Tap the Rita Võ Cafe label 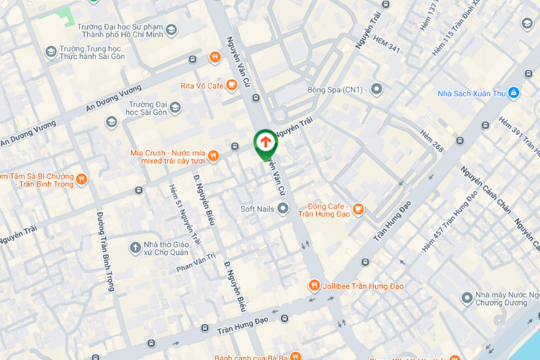pyautogui.click(x=202, y=86)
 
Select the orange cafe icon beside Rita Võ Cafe pyautogui.click(x=232, y=86)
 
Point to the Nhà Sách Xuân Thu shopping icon pyautogui.click(x=513, y=93)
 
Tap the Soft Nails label pyautogui.click(x=257, y=209)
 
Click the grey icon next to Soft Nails pyautogui.click(x=283, y=209)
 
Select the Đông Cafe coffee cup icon pyautogui.click(x=358, y=209)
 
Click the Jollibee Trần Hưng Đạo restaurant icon pyautogui.click(x=314, y=286)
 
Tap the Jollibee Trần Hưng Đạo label pyautogui.click(x=363, y=287)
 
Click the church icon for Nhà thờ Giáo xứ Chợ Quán pyautogui.click(x=135, y=248)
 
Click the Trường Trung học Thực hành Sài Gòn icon pyautogui.click(x=50, y=51)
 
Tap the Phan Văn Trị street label pyautogui.click(x=196, y=263)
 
